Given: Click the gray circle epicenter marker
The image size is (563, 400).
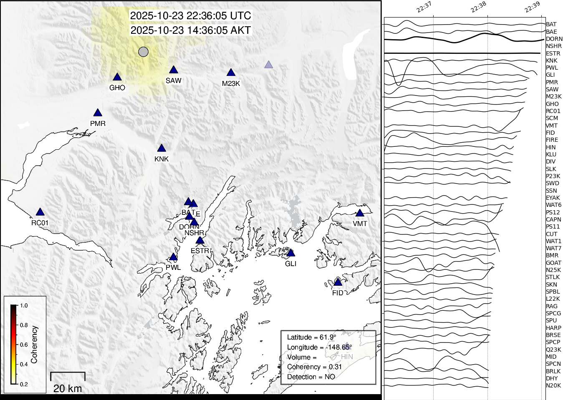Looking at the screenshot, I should (x=143, y=52).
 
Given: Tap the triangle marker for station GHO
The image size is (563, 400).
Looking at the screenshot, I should (x=117, y=77).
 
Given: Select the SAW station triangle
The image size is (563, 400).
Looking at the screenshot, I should (x=174, y=70).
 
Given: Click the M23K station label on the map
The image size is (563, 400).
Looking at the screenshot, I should (x=231, y=83).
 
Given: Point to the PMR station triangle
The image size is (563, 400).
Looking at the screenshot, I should (x=98, y=113).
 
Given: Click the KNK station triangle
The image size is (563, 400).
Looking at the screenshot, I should (x=162, y=148).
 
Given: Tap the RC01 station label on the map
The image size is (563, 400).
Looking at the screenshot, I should (x=40, y=223).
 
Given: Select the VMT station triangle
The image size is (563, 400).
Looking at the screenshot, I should (x=360, y=213).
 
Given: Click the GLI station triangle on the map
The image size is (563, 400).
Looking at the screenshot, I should (x=291, y=253).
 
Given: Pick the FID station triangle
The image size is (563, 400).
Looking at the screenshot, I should (x=338, y=282).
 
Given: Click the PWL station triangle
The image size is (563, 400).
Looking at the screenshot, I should (x=173, y=257).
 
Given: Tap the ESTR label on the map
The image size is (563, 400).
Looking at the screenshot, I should (x=200, y=251).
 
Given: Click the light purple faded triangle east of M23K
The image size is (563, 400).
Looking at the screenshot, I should (x=269, y=65).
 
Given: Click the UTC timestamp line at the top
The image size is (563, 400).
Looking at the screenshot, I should (x=191, y=16).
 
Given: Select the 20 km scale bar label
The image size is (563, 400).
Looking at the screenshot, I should (x=68, y=388).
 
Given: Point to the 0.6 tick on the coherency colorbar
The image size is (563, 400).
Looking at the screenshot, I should (x=24, y=345).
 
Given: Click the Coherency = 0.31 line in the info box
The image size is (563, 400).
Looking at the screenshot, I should (x=314, y=367).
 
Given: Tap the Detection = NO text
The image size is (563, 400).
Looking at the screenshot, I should (x=311, y=377).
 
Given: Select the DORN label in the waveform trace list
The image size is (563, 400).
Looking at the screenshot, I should (x=554, y=39).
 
